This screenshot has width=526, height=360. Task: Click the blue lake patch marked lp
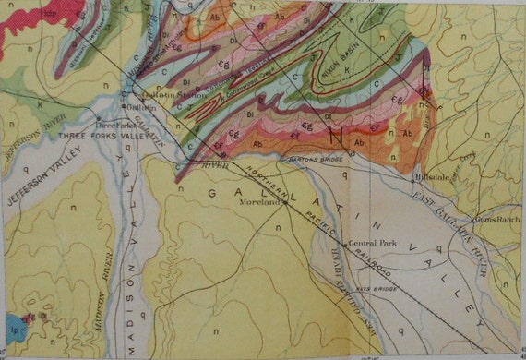11,324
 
